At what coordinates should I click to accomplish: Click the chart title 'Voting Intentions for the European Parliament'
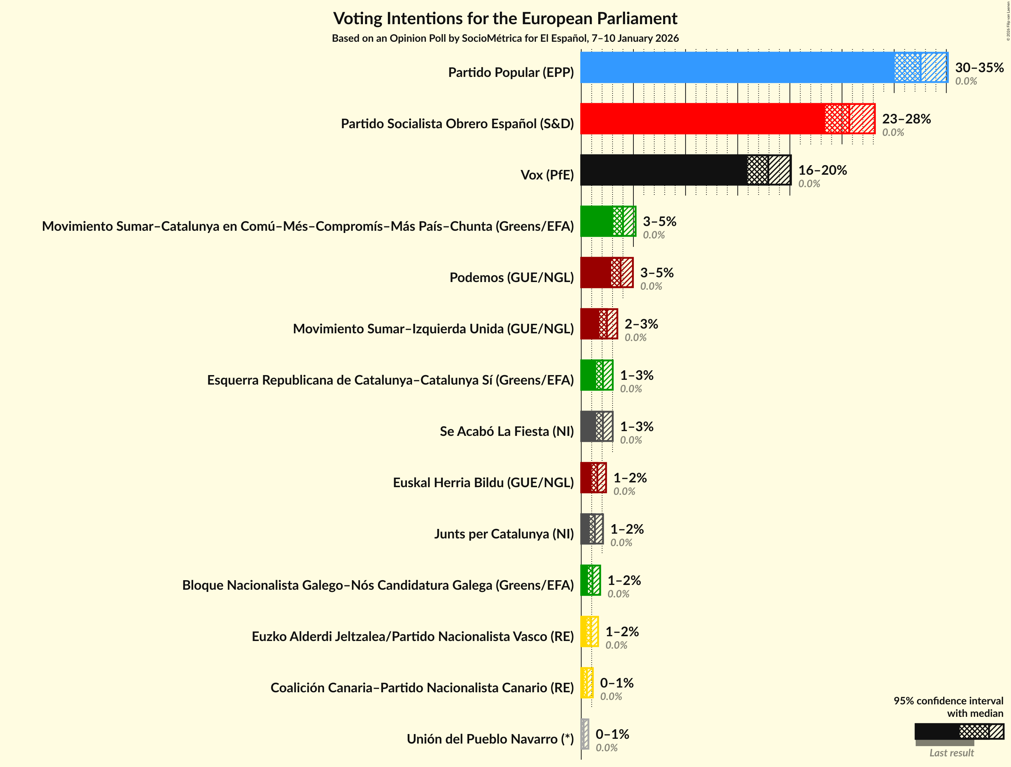pos(505,19)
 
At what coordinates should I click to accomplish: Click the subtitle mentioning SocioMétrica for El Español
pos(505,38)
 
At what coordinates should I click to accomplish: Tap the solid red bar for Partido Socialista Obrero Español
pos(702,119)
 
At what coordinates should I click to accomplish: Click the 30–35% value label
pos(979,68)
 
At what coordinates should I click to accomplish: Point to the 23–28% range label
pos(906,119)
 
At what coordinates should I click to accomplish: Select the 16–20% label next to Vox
pos(822,170)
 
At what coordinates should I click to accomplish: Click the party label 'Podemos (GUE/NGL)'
pos(511,277)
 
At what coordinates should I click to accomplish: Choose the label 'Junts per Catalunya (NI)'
pos(504,534)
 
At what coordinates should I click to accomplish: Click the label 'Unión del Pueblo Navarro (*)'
pos(490,739)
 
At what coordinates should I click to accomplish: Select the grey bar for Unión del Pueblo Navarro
pos(585,734)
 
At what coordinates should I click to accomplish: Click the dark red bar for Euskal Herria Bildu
pos(593,478)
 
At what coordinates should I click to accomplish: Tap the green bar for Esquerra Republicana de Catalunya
pos(596,375)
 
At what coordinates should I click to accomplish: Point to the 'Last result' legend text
pos(951,753)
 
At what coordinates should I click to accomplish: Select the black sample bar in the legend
pos(936,731)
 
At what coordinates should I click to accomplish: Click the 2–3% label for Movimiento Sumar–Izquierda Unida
pos(641,324)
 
